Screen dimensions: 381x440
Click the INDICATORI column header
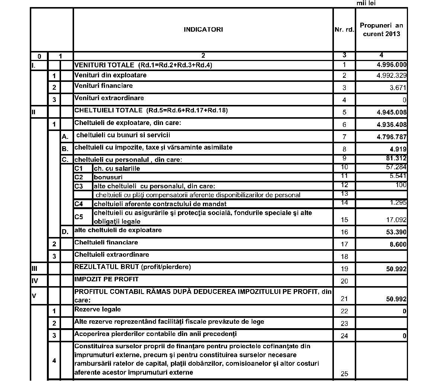(x=203, y=30)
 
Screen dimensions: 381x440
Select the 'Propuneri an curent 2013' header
(x=381, y=30)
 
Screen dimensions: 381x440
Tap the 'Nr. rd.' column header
(x=344, y=30)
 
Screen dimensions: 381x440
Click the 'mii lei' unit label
(x=366, y=3)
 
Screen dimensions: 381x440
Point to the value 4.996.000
(x=392, y=65)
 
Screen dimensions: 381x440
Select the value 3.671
(x=398, y=88)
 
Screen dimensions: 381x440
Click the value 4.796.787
(x=392, y=137)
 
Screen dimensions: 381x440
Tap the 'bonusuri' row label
(x=108, y=177)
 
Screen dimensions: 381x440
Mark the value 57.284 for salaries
(x=396, y=167)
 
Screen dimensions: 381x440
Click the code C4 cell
(x=79, y=204)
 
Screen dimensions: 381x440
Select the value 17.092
(x=396, y=220)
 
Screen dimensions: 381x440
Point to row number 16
(x=344, y=232)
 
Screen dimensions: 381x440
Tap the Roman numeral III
(x=34, y=268)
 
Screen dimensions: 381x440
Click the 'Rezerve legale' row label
(x=98, y=310)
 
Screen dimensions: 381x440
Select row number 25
(x=344, y=374)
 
